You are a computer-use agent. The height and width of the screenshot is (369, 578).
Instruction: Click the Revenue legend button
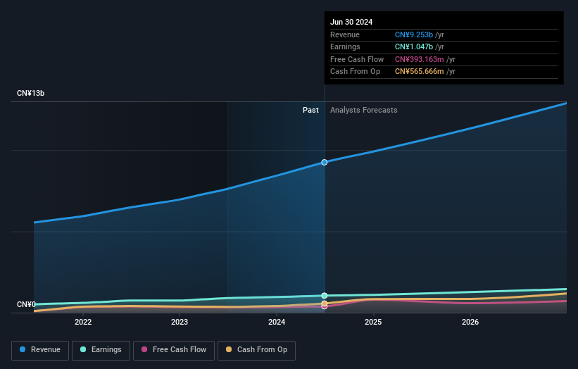pyautogui.click(x=40, y=350)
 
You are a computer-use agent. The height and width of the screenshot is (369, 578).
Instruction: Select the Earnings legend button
pyautogui.click(x=101, y=350)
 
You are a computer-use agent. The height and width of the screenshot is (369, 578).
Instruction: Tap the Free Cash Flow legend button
pyautogui.click(x=174, y=350)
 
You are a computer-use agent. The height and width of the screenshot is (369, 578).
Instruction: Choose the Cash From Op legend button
pyautogui.click(x=256, y=350)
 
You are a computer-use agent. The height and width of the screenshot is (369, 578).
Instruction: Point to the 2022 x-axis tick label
pyautogui.click(x=83, y=322)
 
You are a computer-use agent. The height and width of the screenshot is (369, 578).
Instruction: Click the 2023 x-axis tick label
pyautogui.click(x=180, y=322)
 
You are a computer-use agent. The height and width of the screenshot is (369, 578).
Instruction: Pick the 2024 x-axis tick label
pyautogui.click(x=277, y=322)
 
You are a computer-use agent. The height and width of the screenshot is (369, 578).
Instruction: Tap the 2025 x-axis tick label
pyautogui.click(x=373, y=322)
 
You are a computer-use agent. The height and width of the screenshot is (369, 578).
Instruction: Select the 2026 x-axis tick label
pyautogui.click(x=470, y=322)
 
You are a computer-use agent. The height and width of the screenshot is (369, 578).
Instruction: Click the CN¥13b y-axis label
pyautogui.click(x=31, y=93)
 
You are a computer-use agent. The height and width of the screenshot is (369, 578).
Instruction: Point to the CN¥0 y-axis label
pyautogui.click(x=26, y=304)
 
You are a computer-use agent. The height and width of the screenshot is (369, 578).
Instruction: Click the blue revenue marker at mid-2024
pyautogui.click(x=325, y=162)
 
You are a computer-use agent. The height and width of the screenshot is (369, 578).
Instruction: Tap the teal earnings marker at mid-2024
pyautogui.click(x=325, y=296)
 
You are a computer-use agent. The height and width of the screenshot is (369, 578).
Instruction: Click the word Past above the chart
pyautogui.click(x=310, y=111)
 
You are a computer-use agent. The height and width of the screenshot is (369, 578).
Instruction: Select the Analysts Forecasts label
pyautogui.click(x=363, y=111)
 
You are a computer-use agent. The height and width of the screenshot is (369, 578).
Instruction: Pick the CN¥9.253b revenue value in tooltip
pyautogui.click(x=414, y=35)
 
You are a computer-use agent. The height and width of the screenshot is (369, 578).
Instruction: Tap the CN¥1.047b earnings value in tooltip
pyautogui.click(x=414, y=47)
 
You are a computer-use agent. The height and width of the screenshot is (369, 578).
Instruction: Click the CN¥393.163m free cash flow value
pyautogui.click(x=420, y=60)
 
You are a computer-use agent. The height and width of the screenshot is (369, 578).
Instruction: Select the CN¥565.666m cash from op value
pyautogui.click(x=420, y=72)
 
